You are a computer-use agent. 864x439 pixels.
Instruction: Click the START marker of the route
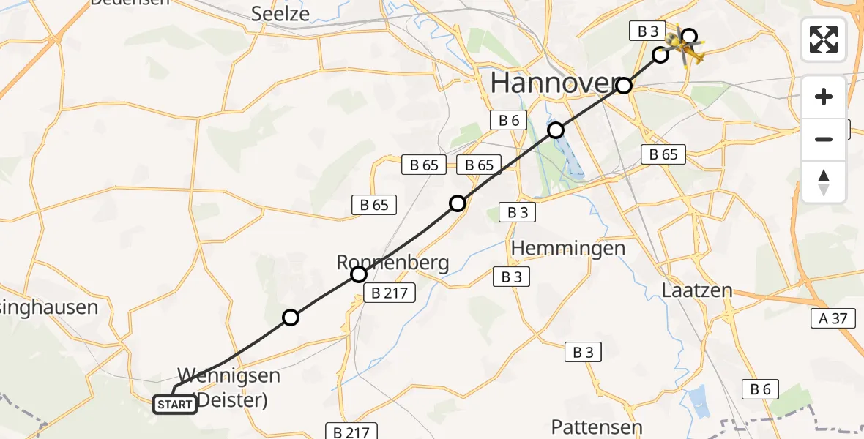coord(175,404)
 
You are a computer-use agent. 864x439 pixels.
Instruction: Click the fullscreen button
coord(824,40)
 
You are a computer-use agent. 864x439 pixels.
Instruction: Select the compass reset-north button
coord(824,182)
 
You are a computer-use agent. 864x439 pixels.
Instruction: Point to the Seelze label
coord(280,13)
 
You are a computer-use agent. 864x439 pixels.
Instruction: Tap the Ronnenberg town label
coord(392,262)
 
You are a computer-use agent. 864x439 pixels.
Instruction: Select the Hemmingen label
coord(568,248)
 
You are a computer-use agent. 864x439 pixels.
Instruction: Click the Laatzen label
coord(696,290)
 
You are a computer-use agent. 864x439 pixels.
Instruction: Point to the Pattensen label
coord(597,427)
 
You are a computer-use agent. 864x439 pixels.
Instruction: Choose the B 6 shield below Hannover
coord(509,121)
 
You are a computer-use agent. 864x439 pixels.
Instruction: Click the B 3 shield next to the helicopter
coord(647,31)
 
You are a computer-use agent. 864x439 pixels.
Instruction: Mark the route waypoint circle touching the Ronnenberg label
coord(359,274)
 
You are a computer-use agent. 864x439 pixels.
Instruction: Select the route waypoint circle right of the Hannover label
coord(623,86)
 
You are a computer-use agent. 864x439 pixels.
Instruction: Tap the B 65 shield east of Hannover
coord(663,154)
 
